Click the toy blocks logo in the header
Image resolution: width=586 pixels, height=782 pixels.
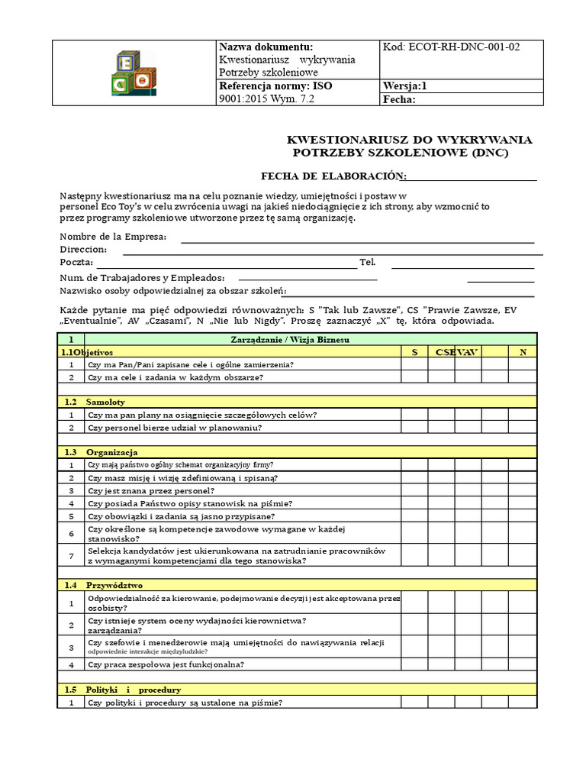[x=134, y=73]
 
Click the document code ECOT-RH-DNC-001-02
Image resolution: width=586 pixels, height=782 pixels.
[x=451, y=47]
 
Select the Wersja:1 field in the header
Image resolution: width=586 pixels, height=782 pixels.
[x=405, y=86]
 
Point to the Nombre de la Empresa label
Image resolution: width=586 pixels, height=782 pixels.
[x=113, y=237]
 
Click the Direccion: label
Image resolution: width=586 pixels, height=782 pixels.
[x=83, y=250]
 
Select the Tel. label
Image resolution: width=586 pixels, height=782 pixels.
[x=368, y=263]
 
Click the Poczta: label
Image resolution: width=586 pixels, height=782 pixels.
[x=76, y=263]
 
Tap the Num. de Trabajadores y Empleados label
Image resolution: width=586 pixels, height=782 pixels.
[x=142, y=277]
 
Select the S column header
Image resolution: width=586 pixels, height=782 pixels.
[x=414, y=352]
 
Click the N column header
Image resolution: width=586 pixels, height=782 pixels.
[x=523, y=352]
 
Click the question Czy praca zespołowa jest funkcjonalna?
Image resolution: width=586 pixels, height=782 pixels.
[x=166, y=664]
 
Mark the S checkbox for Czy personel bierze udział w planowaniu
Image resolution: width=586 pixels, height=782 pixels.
[x=414, y=428]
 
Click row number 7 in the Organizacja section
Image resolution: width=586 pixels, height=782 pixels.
[x=71, y=556]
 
